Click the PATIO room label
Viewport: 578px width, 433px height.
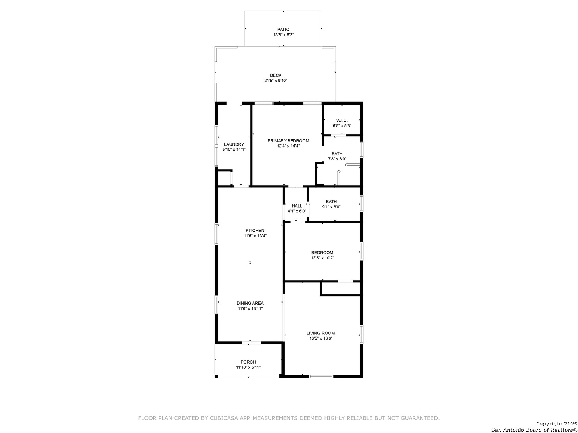click(283, 30)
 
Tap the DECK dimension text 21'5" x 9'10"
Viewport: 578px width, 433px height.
click(276, 81)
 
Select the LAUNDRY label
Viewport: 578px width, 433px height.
click(234, 144)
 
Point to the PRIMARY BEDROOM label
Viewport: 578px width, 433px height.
click(288, 141)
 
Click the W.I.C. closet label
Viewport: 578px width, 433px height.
click(342, 121)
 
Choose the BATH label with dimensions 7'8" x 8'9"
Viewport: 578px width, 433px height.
click(337, 154)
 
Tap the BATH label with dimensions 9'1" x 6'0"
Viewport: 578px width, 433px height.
click(331, 202)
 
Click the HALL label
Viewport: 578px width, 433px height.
click(297, 206)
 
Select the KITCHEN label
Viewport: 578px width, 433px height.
click(255, 231)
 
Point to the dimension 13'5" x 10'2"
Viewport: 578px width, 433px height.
click(322, 258)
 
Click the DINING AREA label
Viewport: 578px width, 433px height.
click(250, 303)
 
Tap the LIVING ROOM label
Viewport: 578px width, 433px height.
click(321, 333)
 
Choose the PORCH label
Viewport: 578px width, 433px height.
click(248, 362)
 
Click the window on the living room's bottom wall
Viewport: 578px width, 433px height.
click(321, 376)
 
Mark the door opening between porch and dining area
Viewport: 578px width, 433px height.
click(252, 342)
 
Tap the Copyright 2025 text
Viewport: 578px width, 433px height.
click(556, 423)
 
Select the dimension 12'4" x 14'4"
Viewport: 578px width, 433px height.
click(288, 146)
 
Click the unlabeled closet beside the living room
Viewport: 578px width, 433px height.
click(341, 288)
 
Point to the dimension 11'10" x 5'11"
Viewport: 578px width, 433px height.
click(248, 368)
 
